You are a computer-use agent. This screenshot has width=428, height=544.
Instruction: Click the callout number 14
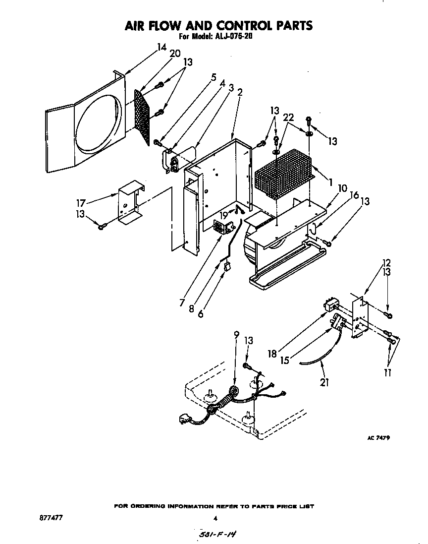(161, 48)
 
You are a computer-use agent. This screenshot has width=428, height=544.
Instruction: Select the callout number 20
(175, 54)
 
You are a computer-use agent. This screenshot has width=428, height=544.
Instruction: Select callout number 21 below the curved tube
(324, 382)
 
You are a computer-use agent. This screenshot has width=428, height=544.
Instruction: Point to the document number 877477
(52, 518)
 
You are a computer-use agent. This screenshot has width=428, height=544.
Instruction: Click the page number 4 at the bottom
(215, 519)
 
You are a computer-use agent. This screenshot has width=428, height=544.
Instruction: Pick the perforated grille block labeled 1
(283, 176)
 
